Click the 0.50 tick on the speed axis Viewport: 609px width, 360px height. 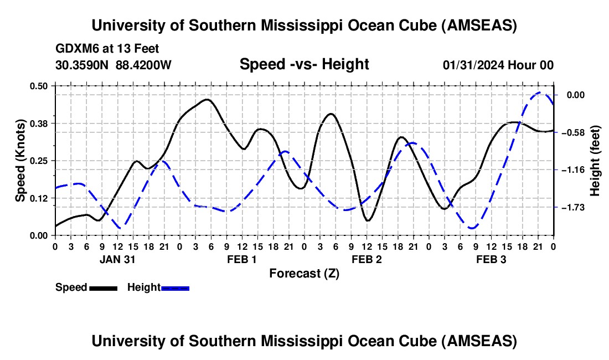point(40,85)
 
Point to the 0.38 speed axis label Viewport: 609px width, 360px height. point(40,123)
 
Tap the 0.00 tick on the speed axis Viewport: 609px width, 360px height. point(40,235)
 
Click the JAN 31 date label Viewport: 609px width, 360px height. point(117,259)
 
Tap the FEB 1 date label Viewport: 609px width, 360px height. point(242,259)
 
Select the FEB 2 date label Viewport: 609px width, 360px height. point(367,259)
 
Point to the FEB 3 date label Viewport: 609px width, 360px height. point(491,259)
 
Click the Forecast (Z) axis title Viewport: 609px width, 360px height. point(304,273)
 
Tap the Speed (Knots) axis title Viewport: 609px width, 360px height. point(20,160)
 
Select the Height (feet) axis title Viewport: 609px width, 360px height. point(596,160)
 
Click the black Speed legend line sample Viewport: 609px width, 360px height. point(103,287)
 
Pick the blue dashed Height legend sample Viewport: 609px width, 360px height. point(176,287)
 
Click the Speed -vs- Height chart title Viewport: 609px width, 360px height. point(304,64)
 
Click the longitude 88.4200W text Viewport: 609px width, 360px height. point(143,65)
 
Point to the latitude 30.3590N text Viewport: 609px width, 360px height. point(83,65)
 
